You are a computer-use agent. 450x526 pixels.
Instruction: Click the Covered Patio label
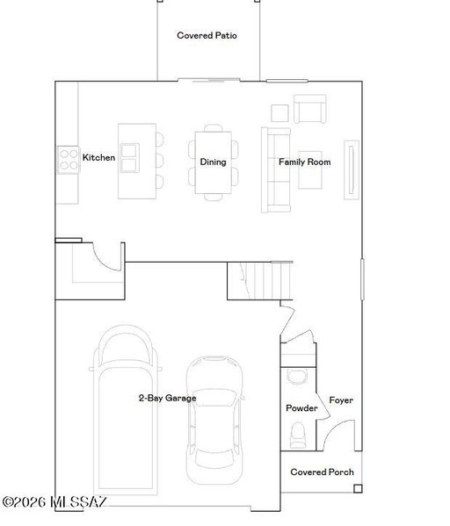tap(207, 35)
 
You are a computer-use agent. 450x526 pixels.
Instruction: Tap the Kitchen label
tap(98, 157)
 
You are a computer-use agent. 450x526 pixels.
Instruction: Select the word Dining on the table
tap(213, 162)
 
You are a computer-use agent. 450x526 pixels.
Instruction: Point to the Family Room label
tap(305, 162)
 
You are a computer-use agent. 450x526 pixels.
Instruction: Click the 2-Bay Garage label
tap(168, 398)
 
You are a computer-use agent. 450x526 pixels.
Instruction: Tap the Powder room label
tap(301, 408)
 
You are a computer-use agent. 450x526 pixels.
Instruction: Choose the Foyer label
tap(341, 400)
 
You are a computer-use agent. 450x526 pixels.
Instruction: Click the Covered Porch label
tap(322, 472)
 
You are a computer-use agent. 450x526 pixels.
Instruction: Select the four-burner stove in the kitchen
tap(69, 160)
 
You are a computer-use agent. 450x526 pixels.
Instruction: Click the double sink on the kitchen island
tap(130, 158)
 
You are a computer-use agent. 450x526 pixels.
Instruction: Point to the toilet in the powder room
tap(298, 435)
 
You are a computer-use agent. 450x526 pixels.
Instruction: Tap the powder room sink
tap(298, 376)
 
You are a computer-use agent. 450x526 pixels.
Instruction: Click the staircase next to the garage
tap(260, 281)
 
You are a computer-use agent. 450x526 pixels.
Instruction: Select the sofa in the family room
tap(276, 169)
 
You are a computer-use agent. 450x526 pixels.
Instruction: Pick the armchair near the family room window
tap(310, 109)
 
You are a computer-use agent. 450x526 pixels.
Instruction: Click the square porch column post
tap(358, 488)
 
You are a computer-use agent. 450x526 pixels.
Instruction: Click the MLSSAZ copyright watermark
tap(54, 502)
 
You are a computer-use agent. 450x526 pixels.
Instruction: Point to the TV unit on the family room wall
tap(352, 169)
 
